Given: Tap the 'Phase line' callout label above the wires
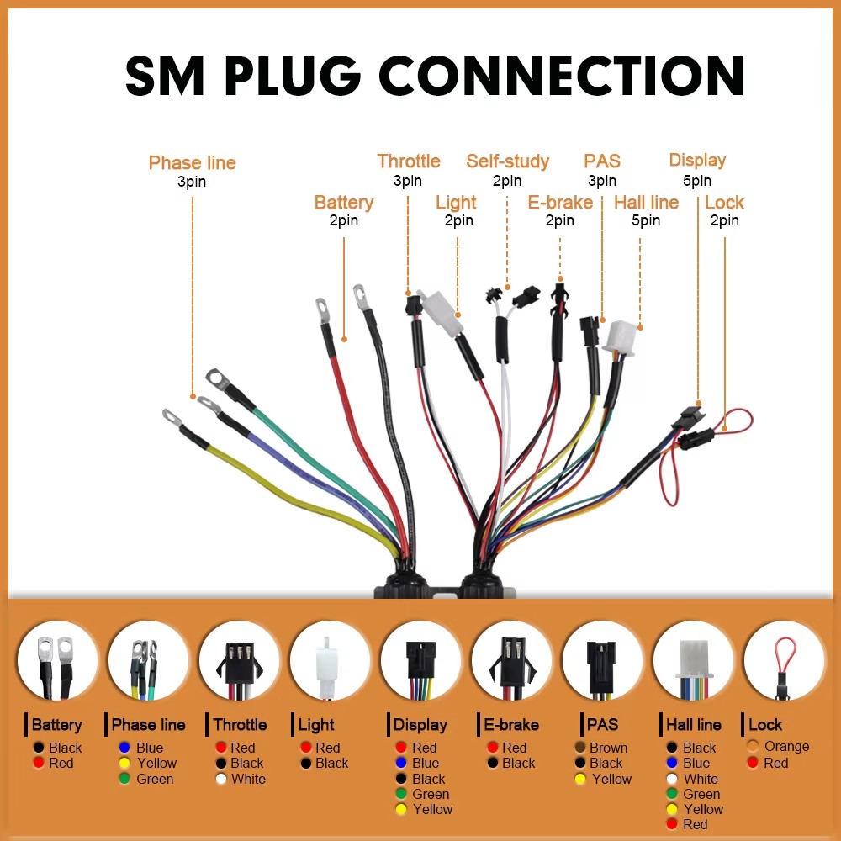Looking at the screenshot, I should (x=192, y=163).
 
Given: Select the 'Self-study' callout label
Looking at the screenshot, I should (x=507, y=161).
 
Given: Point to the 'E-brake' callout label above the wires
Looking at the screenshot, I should (x=560, y=203).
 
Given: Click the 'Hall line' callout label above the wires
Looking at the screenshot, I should (x=646, y=203).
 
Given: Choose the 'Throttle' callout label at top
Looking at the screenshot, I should (x=408, y=161).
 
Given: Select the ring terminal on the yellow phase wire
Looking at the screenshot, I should (x=172, y=416).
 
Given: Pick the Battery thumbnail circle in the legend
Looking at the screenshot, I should (x=57, y=660).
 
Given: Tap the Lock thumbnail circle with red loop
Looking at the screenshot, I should (x=783, y=660).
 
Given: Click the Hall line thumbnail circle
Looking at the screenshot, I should (x=693, y=660).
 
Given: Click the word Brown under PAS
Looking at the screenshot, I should (x=608, y=748).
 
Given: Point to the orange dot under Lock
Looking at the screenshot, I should (x=752, y=747).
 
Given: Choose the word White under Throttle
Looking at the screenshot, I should (x=248, y=779).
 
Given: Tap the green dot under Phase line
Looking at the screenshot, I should (x=124, y=779).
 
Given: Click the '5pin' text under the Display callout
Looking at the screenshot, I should (x=696, y=181).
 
